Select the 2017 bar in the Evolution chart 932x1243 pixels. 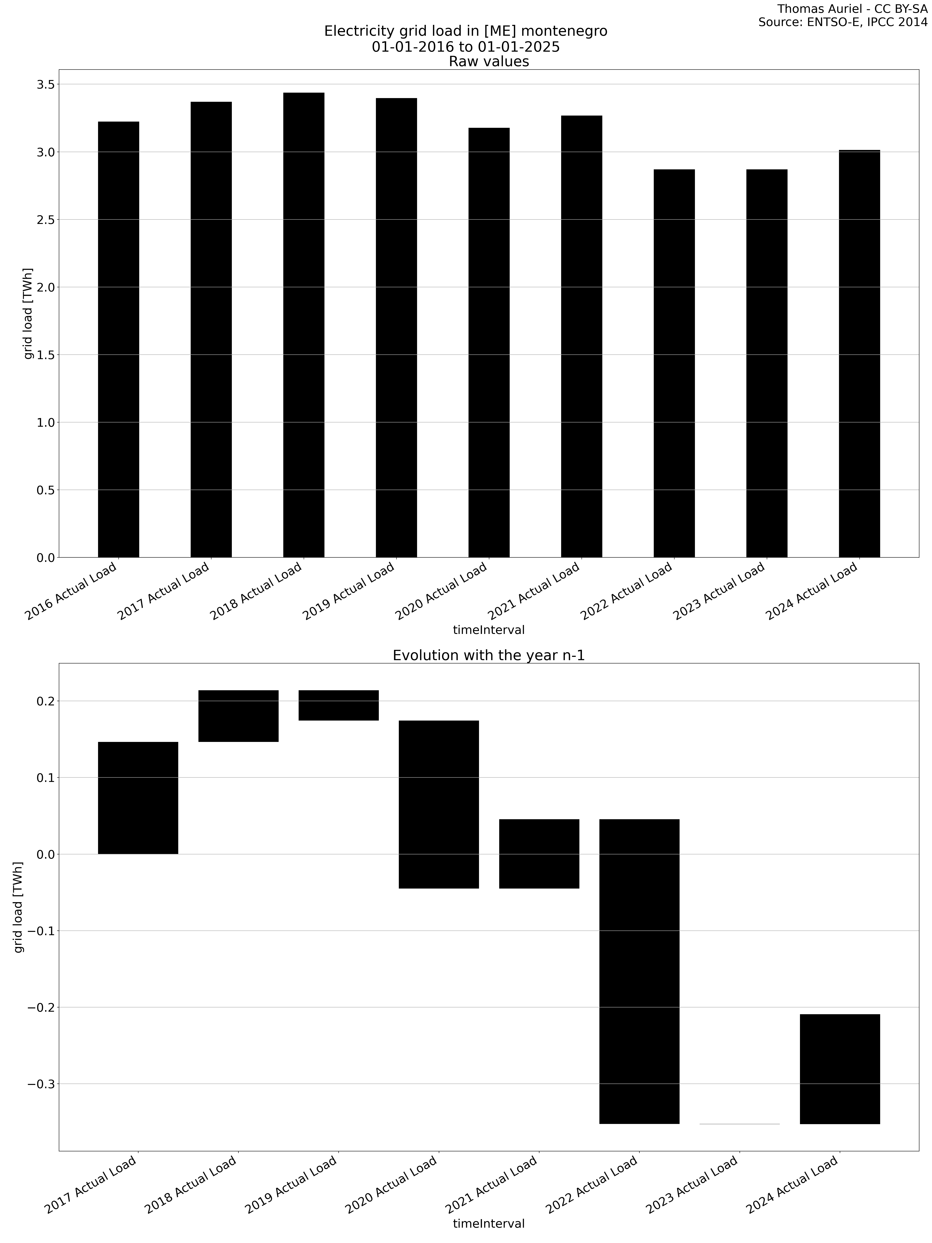(138, 798)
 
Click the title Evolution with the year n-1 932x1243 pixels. (488, 655)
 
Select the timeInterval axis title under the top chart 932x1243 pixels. (488, 630)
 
